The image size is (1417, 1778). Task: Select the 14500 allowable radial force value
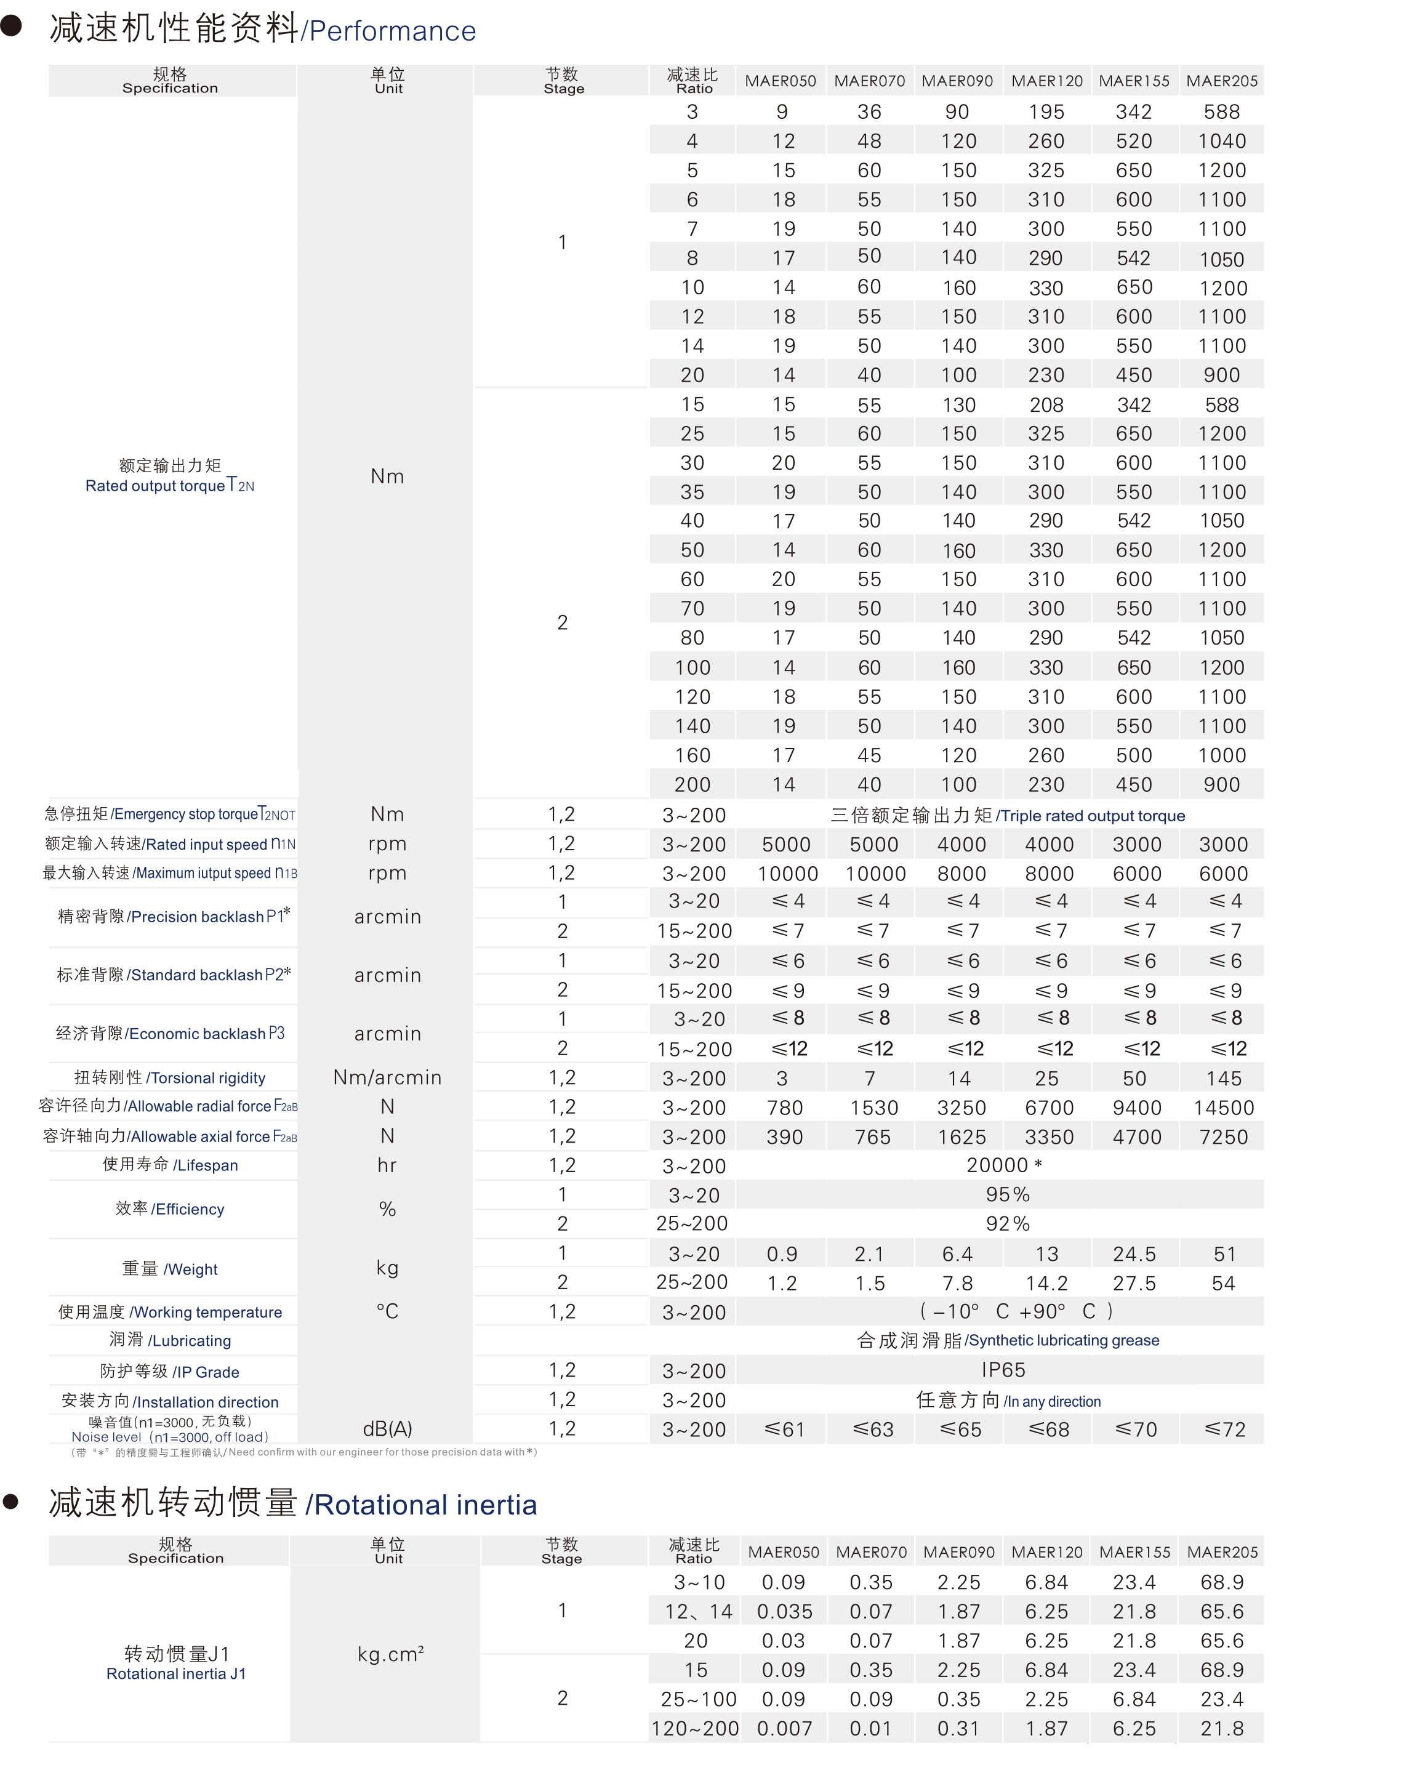click(x=1223, y=1108)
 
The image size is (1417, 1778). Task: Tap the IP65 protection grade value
click(x=1003, y=1370)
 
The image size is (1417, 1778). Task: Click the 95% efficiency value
click(x=1007, y=1194)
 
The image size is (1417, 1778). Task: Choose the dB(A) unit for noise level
click(x=387, y=1428)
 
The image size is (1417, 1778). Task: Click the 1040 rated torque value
click(x=1222, y=141)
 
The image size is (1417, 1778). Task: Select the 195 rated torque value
click(x=1046, y=112)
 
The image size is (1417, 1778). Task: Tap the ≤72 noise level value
click(x=1224, y=1429)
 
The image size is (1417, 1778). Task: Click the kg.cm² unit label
click(x=390, y=1654)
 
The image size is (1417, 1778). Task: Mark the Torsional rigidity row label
click(x=170, y=1078)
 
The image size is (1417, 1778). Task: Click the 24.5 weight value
click(x=1134, y=1253)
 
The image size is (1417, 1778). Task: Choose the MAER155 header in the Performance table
click(x=1134, y=81)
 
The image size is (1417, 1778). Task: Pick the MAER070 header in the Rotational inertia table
click(x=871, y=1552)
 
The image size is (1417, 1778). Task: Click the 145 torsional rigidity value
click(x=1223, y=1078)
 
